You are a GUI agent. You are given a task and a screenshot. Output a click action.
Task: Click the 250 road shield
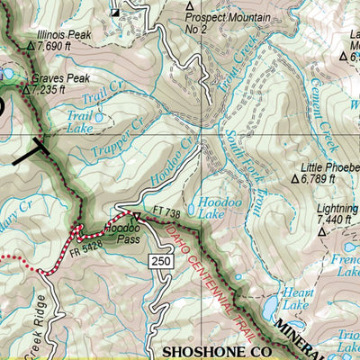click(160, 260)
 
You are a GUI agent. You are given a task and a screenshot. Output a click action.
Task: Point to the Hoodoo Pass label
click(120, 229)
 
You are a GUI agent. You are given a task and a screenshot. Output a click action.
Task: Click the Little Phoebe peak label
click(332, 166)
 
